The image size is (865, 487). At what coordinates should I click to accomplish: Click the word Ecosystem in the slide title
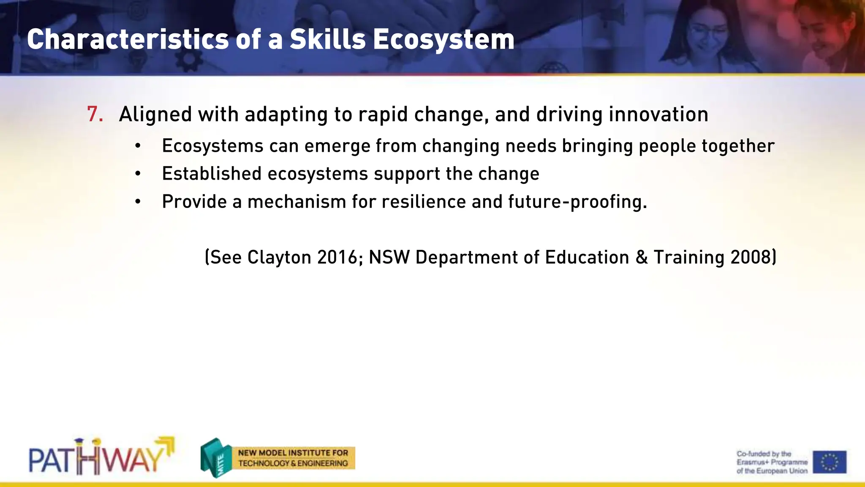[443, 39]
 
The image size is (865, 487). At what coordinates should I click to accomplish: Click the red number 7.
[95, 115]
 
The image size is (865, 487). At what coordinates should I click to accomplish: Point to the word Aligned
[155, 115]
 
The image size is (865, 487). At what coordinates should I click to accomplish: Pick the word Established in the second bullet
[212, 174]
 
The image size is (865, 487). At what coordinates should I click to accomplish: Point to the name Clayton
[279, 257]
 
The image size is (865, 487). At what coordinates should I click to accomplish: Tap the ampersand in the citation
[641, 257]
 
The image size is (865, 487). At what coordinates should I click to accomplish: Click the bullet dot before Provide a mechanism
[138, 202]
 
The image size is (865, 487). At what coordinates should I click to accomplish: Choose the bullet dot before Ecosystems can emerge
[138, 146]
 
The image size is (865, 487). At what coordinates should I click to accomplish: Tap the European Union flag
[830, 462]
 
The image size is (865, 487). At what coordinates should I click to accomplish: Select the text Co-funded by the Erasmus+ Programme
[772, 462]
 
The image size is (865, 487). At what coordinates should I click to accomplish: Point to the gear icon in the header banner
[189, 60]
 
